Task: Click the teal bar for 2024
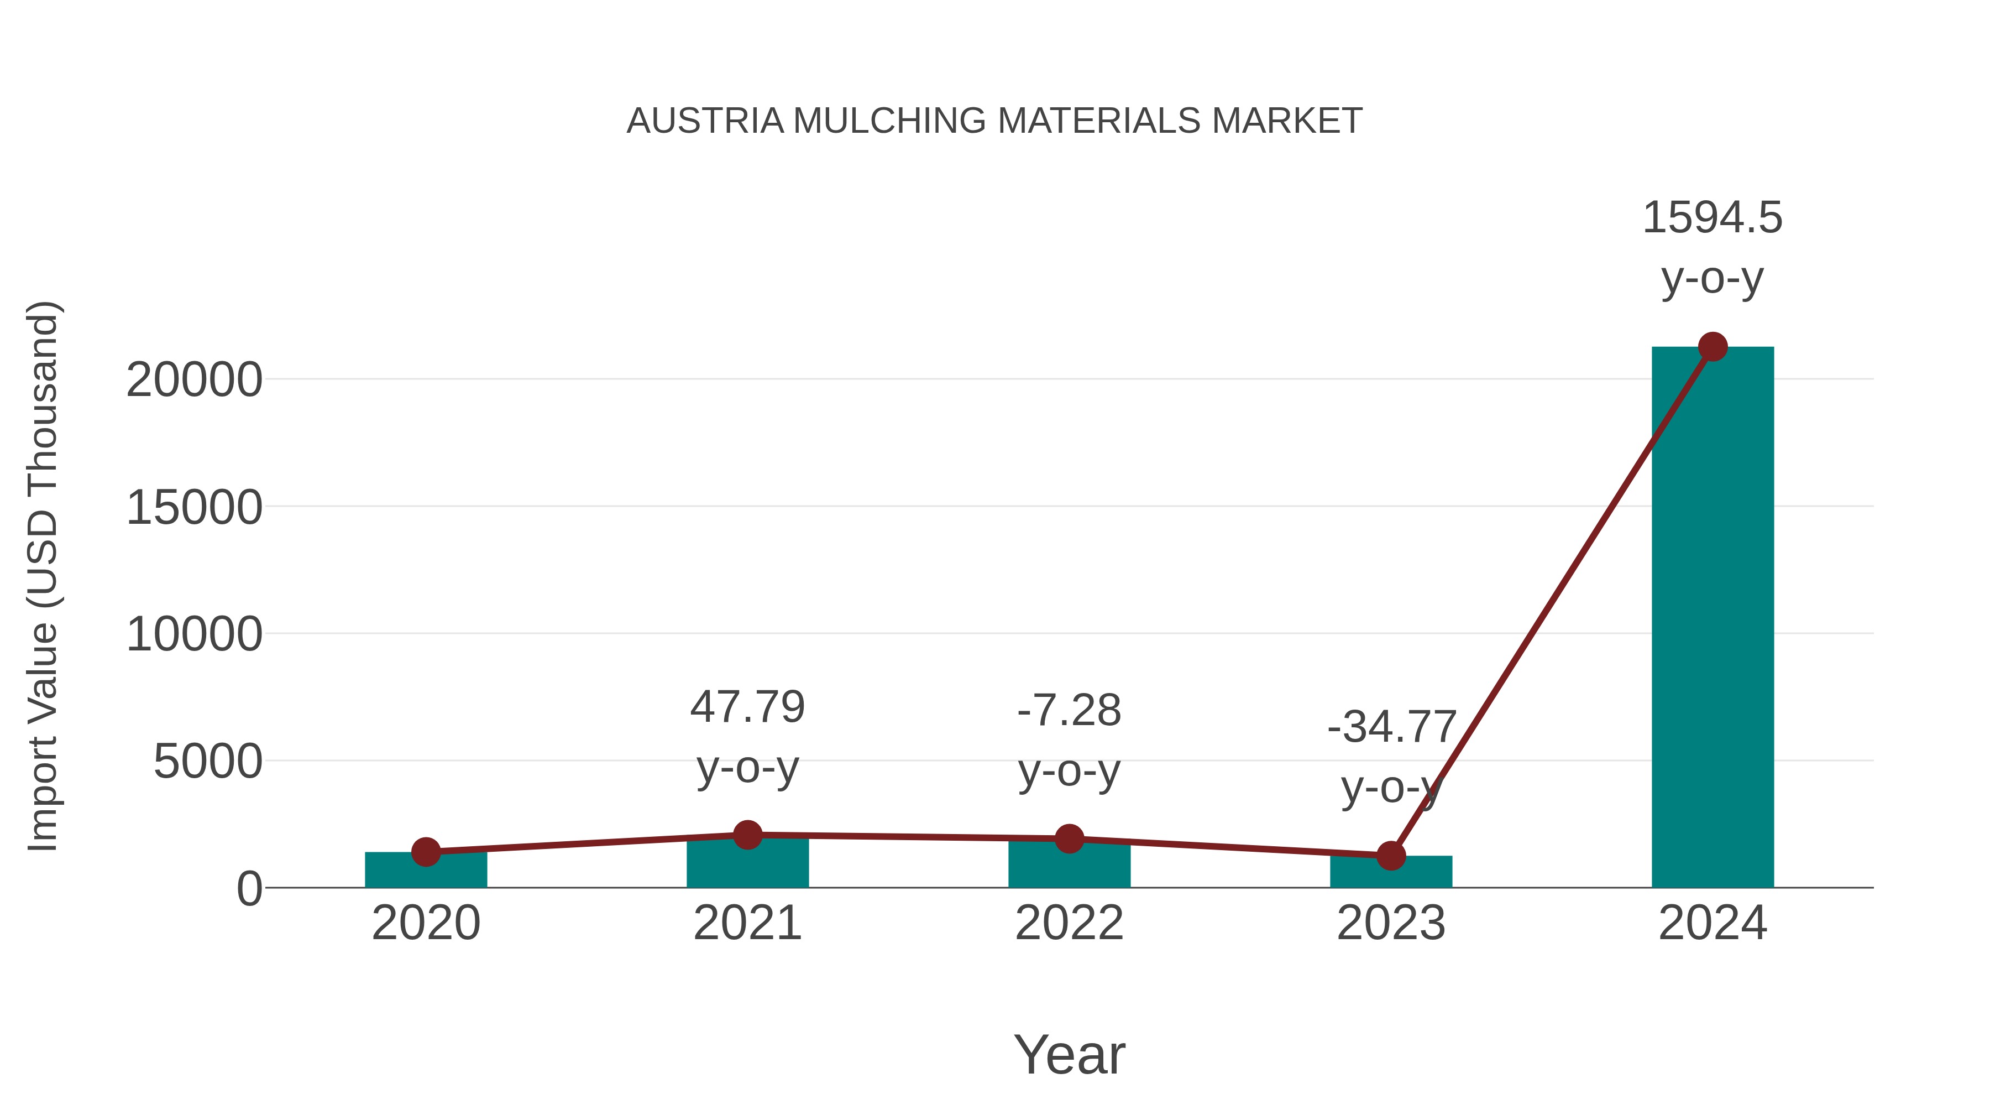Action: [x=1713, y=618]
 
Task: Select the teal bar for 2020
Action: [x=426, y=872]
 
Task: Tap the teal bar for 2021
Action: [x=747, y=863]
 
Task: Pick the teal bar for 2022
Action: [x=1069, y=865]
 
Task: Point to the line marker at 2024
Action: [x=1713, y=347]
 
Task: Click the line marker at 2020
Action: [x=426, y=852]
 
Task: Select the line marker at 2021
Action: [x=747, y=835]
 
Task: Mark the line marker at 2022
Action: [x=1069, y=838]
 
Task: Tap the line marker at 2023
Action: [x=1391, y=856]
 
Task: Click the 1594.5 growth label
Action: [x=1713, y=218]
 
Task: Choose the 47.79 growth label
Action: [x=747, y=707]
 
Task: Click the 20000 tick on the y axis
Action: [x=194, y=381]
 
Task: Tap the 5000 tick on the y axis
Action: [x=208, y=762]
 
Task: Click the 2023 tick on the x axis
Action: [x=1391, y=923]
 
